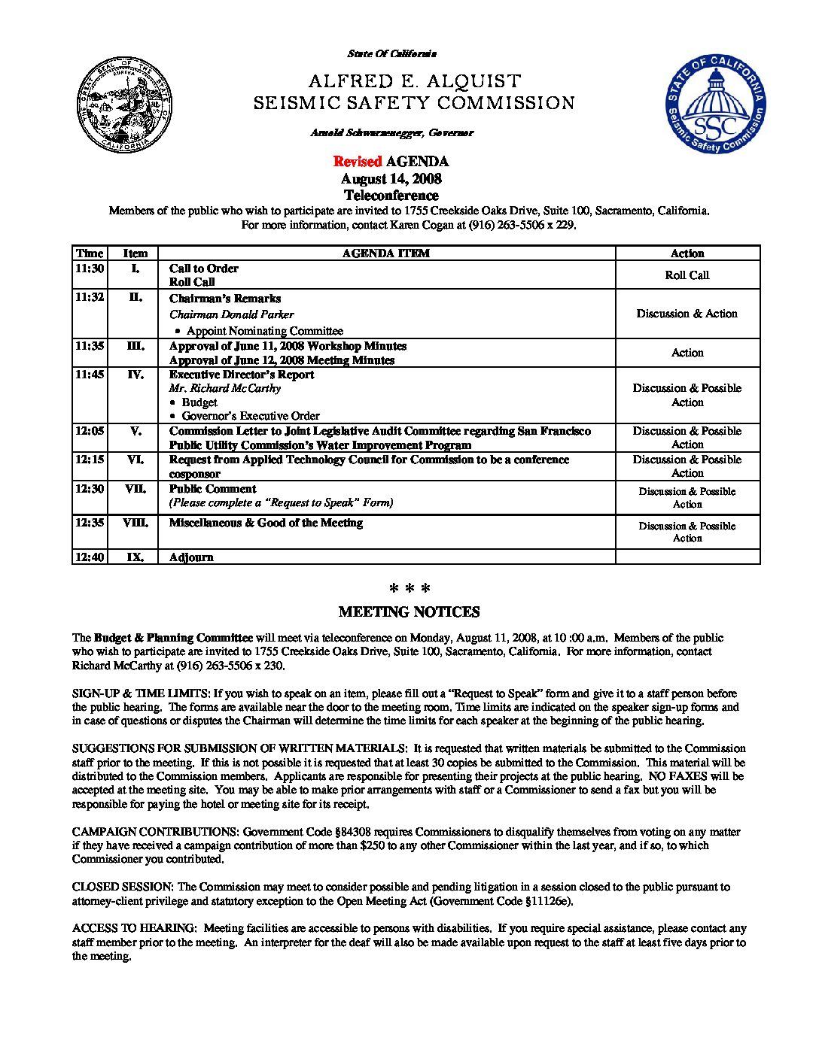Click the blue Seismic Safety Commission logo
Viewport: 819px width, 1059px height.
(x=715, y=105)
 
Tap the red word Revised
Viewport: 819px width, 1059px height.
(x=358, y=162)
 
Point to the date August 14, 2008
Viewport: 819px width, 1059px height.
(x=391, y=179)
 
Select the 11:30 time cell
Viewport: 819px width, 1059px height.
(x=90, y=269)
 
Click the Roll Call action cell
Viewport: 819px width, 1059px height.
(x=687, y=275)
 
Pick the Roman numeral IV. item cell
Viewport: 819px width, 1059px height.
(x=135, y=375)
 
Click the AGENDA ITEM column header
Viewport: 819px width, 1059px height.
(x=386, y=253)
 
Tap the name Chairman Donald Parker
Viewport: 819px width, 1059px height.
(x=231, y=314)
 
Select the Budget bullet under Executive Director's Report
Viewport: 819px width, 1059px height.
(x=199, y=402)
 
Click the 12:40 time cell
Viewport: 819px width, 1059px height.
(x=90, y=557)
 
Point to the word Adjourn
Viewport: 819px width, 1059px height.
(x=191, y=557)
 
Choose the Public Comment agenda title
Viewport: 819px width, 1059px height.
(x=212, y=489)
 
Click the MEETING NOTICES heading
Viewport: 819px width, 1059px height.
(x=409, y=612)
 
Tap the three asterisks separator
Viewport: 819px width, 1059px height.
(x=409, y=588)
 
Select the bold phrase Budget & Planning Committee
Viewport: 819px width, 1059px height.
(x=173, y=638)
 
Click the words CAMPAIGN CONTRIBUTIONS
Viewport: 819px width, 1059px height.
(x=154, y=832)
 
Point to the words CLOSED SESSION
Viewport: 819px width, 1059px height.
(x=123, y=887)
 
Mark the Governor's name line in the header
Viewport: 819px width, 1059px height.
(x=391, y=133)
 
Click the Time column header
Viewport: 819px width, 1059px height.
(x=90, y=253)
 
